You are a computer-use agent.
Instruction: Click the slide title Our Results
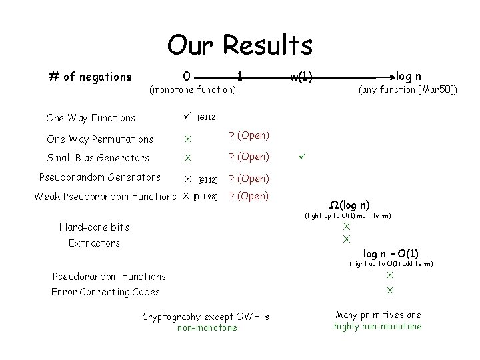[239, 45]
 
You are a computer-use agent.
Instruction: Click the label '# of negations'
[91, 77]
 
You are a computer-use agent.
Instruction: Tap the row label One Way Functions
[91, 118]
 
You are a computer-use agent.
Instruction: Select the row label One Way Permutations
[100, 139]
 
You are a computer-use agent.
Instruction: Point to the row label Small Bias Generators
[98, 158]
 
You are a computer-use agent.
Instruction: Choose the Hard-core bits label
[94, 227]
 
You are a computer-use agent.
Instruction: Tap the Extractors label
[94, 243]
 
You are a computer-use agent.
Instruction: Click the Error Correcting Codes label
[105, 291]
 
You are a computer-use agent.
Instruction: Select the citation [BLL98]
[205, 197]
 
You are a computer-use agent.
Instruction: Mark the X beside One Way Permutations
[188, 140]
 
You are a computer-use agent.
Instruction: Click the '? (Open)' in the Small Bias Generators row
[249, 157]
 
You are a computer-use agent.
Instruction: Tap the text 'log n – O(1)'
[391, 253]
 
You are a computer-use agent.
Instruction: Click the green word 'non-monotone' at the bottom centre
[207, 327]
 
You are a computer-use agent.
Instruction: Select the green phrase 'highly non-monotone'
[378, 326]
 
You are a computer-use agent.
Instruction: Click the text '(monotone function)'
[193, 89]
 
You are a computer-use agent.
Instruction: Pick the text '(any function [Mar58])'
[408, 89]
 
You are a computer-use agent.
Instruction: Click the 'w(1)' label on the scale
[301, 77]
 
